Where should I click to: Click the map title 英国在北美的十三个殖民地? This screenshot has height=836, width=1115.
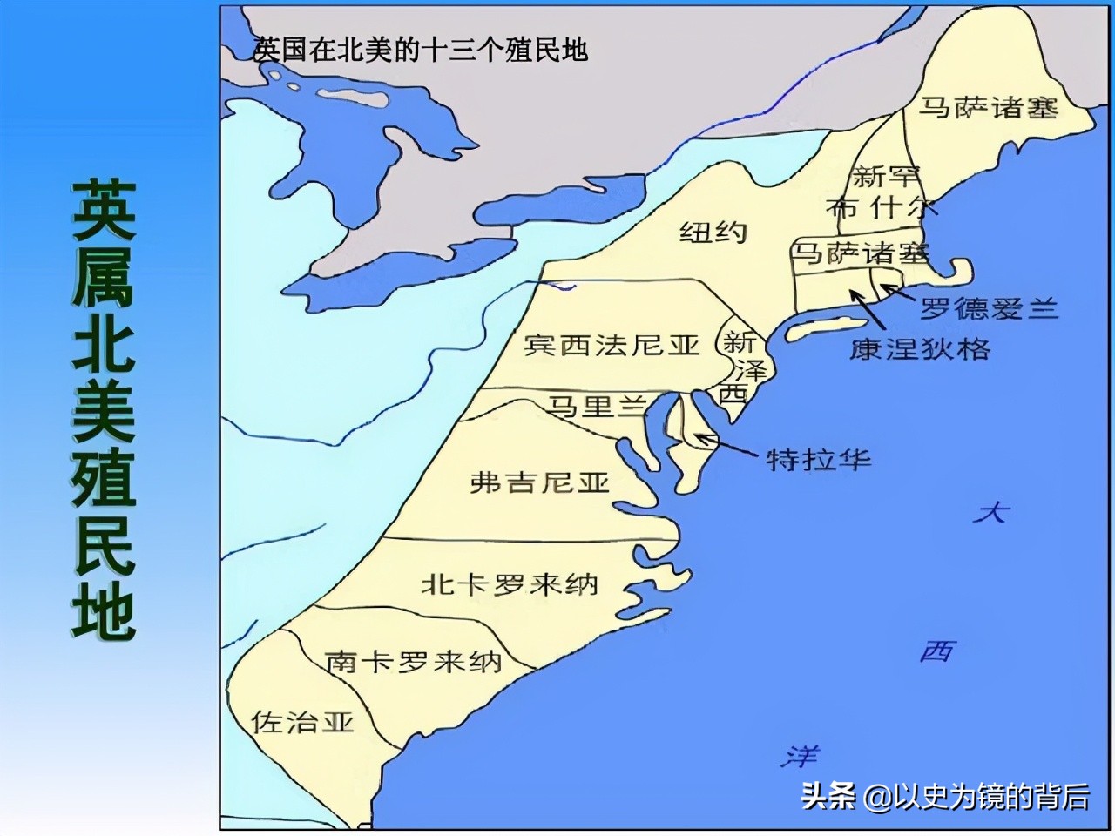point(420,50)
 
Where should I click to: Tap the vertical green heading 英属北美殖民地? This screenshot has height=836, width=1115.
point(104,411)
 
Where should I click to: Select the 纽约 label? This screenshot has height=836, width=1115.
point(713,232)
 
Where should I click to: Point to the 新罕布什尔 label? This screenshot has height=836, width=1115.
point(881,192)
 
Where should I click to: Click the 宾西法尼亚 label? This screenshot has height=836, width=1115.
point(612,345)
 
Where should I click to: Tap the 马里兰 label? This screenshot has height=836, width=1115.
point(597,406)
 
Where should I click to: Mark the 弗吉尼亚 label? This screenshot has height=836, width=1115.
point(539,482)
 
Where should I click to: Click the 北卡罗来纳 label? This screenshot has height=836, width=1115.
point(510,583)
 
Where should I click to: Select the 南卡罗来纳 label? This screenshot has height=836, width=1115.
point(413,662)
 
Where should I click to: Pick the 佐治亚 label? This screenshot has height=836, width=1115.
point(302,721)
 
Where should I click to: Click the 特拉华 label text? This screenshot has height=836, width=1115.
point(818,459)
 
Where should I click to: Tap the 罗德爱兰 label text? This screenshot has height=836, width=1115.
point(989,308)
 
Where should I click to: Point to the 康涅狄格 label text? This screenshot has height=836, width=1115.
point(920,349)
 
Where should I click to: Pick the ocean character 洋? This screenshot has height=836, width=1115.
point(799,755)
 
